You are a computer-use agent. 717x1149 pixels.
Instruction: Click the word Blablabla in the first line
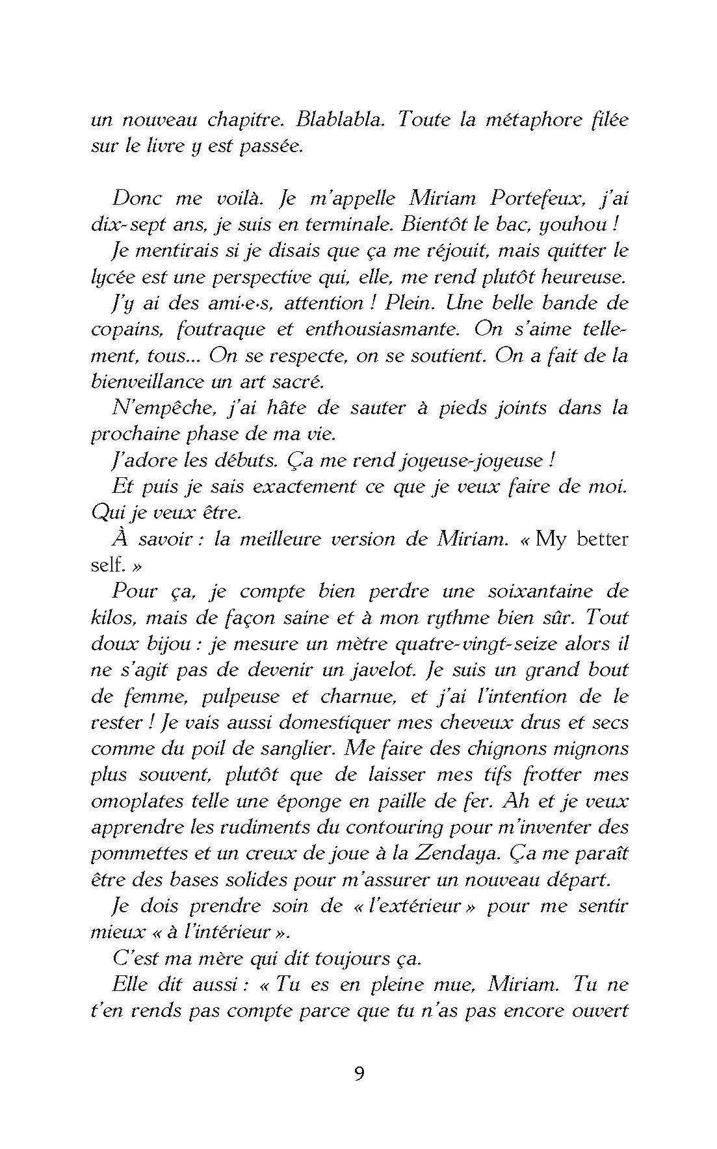click(339, 120)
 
